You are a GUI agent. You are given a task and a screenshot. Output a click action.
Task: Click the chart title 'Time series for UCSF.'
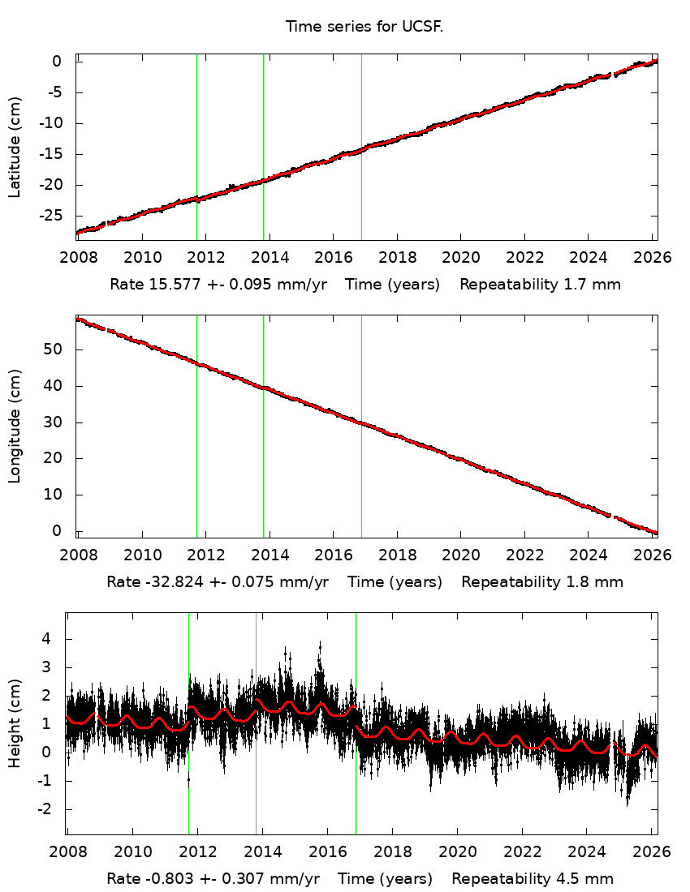364,27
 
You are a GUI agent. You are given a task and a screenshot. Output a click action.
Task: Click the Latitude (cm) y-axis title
15,147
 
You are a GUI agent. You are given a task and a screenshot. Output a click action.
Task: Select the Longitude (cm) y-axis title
15,427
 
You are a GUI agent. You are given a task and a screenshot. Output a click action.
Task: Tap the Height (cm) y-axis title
15,723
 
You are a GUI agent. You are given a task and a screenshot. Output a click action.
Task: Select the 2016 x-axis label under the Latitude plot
333,258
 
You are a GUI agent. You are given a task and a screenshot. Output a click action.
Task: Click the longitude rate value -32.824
174,581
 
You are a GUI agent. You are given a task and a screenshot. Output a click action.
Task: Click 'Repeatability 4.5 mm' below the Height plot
533,878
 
